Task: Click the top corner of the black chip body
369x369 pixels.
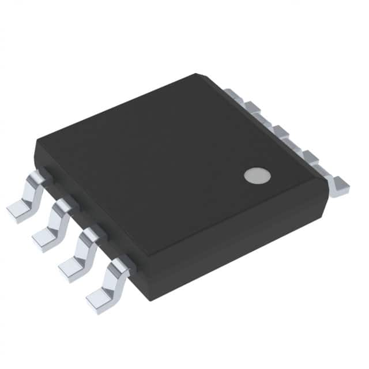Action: (197, 75)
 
